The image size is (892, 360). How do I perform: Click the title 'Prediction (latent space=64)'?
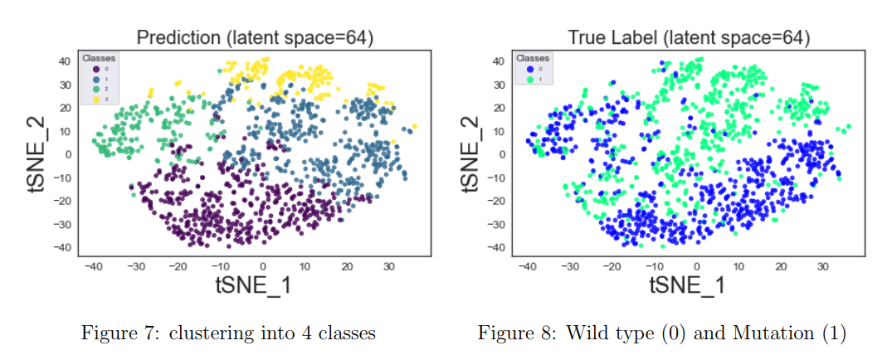[254, 37]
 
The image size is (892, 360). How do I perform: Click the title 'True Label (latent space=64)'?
[688, 37]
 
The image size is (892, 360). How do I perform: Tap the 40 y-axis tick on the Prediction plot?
[64, 61]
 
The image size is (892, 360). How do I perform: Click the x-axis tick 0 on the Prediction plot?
[262, 266]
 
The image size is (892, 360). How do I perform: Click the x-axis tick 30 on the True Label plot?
[822, 266]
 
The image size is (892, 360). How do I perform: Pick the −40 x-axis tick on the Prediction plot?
[93, 266]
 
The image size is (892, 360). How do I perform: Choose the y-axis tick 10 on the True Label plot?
[499, 131]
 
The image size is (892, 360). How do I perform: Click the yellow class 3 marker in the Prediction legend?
[95, 99]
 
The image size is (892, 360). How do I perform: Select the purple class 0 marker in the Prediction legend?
[95, 69]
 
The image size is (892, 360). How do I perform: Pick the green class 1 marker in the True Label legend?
[529, 79]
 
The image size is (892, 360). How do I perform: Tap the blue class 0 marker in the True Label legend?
[529, 69]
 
